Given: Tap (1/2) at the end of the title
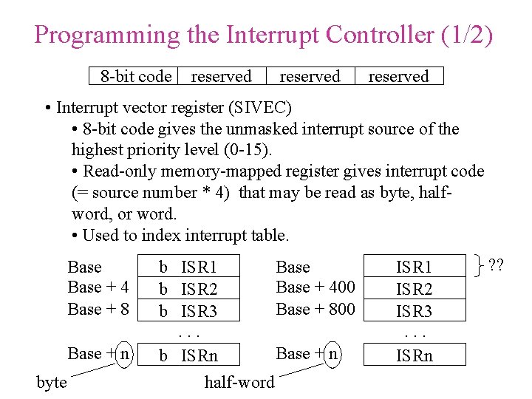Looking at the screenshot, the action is tap(465, 35).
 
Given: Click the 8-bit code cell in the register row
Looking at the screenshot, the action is tap(136, 76).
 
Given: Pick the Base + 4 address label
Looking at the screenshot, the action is tap(98, 287).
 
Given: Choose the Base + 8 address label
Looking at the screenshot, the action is tap(98, 309).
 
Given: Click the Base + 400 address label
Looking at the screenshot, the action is tap(316, 287).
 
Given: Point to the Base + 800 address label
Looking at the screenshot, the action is tap(316, 309).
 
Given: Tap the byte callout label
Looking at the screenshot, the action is tap(51, 382).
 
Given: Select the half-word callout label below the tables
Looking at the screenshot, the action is tap(239, 382).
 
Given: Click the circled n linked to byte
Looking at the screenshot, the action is tap(124, 353).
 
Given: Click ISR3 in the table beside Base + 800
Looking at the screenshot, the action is tap(414, 312).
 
